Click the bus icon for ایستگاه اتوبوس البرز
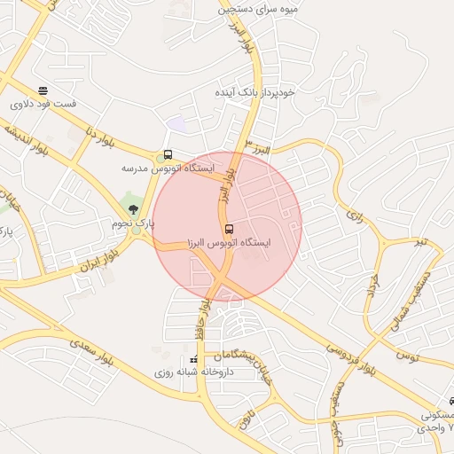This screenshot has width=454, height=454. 229,230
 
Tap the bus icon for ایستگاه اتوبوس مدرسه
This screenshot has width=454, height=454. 168,155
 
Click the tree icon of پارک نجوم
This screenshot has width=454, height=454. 133,210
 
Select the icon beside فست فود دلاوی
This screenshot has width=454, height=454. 43,91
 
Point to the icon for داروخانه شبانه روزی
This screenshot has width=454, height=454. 193,360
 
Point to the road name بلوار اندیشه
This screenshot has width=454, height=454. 25,143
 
